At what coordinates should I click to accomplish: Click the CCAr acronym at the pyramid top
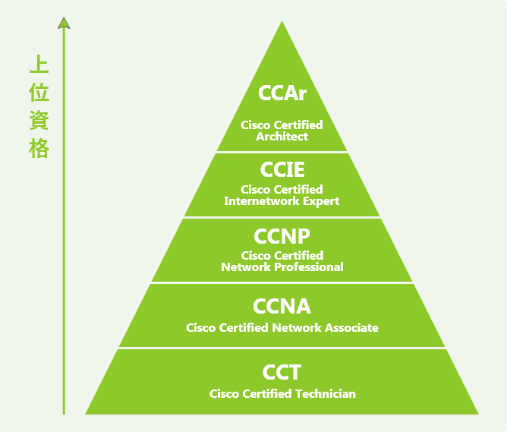282,93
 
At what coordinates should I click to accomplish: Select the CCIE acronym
282,169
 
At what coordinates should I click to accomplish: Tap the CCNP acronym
282,236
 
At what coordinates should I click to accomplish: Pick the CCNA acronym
282,307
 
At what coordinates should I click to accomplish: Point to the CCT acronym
282,373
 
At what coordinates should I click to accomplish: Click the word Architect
282,137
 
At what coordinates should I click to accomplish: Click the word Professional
305,267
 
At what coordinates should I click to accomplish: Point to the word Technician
320,393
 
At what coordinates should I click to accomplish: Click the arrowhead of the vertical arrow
64,22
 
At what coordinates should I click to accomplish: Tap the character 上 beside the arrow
39,64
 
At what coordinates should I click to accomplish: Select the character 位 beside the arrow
39,92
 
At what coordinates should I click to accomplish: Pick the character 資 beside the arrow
39,120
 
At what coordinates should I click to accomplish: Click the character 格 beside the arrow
39,148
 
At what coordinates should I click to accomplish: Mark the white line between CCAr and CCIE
282,152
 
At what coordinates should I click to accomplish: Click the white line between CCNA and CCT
282,348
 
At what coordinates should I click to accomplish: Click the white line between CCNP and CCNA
282,283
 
